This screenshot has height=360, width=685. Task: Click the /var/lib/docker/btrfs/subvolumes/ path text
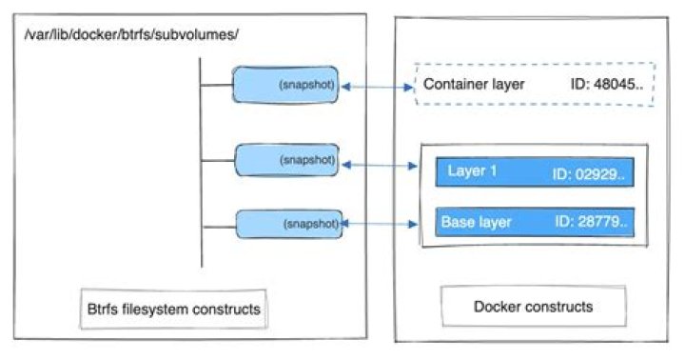(131, 34)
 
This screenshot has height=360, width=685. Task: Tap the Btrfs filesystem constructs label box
(173, 309)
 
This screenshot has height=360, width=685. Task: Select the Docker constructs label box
(534, 307)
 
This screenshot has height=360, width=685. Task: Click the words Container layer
(474, 84)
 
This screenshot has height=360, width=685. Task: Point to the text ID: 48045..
(606, 84)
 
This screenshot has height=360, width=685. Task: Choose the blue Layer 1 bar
(535, 172)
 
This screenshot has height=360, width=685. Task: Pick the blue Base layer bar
(535, 222)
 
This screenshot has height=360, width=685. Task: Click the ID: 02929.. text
(588, 174)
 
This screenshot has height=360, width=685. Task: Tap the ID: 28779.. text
(591, 221)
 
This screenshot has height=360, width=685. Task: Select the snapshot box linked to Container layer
(285, 85)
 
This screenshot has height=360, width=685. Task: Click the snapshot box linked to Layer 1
(286, 160)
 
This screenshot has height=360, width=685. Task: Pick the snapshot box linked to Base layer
(289, 224)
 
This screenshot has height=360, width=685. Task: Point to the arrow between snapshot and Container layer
(378, 87)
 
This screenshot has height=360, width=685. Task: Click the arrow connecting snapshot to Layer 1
(380, 165)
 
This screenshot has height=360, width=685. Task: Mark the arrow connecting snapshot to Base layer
(380, 224)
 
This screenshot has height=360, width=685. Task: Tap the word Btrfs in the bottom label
(102, 309)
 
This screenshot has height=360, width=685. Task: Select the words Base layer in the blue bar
(477, 222)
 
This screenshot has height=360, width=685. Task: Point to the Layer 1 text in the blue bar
(472, 170)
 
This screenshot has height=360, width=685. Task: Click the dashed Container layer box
(535, 64)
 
